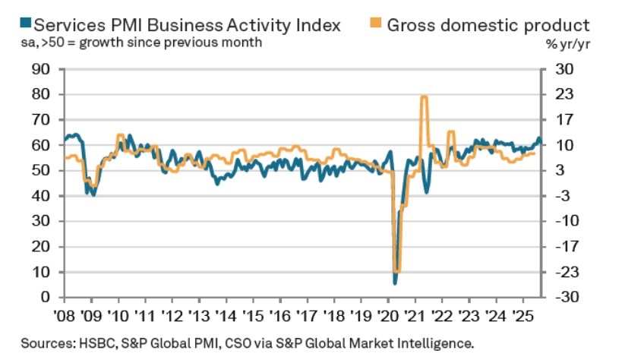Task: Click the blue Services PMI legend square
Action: pos(6,24)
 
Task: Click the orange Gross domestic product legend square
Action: pos(374,24)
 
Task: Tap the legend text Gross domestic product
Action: pos(488,24)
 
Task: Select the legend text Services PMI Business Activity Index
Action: pos(179,24)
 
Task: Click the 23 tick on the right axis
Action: pos(563,95)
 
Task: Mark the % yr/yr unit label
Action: pos(570,44)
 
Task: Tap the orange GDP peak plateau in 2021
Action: pos(424,96)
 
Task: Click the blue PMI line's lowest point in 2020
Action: pos(395,283)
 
